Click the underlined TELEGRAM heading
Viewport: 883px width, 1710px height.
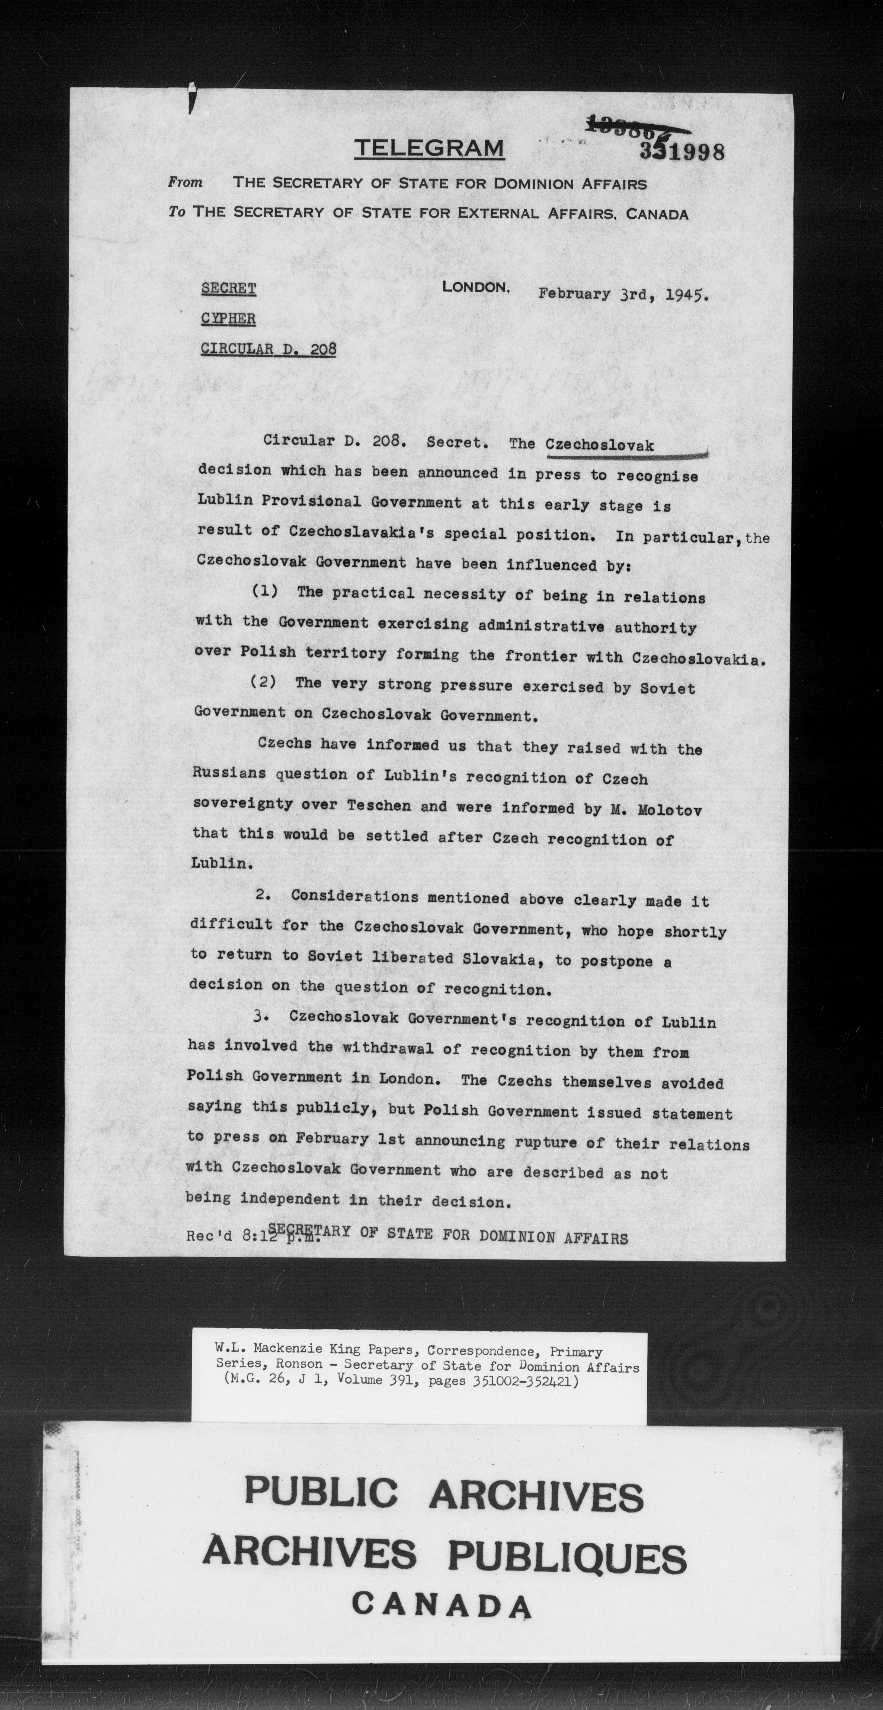point(429,148)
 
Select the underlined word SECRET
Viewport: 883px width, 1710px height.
point(228,289)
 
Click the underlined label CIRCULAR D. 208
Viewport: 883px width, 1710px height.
point(268,349)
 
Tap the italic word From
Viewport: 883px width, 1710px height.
point(185,182)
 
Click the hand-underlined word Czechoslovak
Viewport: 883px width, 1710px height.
point(600,445)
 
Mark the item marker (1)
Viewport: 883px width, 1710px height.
point(265,591)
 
